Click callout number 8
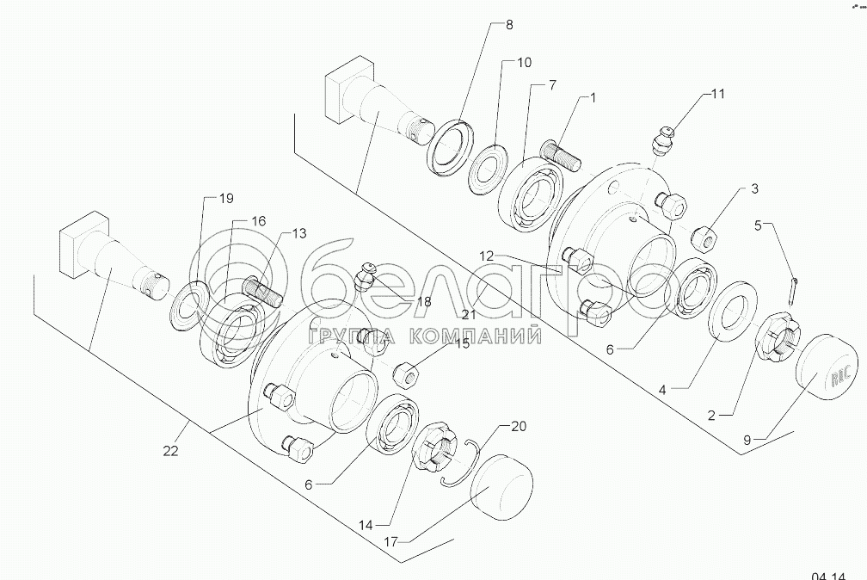[508, 25]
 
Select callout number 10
[524, 63]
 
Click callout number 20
[519, 426]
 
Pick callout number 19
[225, 199]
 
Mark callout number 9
[747, 440]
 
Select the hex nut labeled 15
[406, 373]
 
